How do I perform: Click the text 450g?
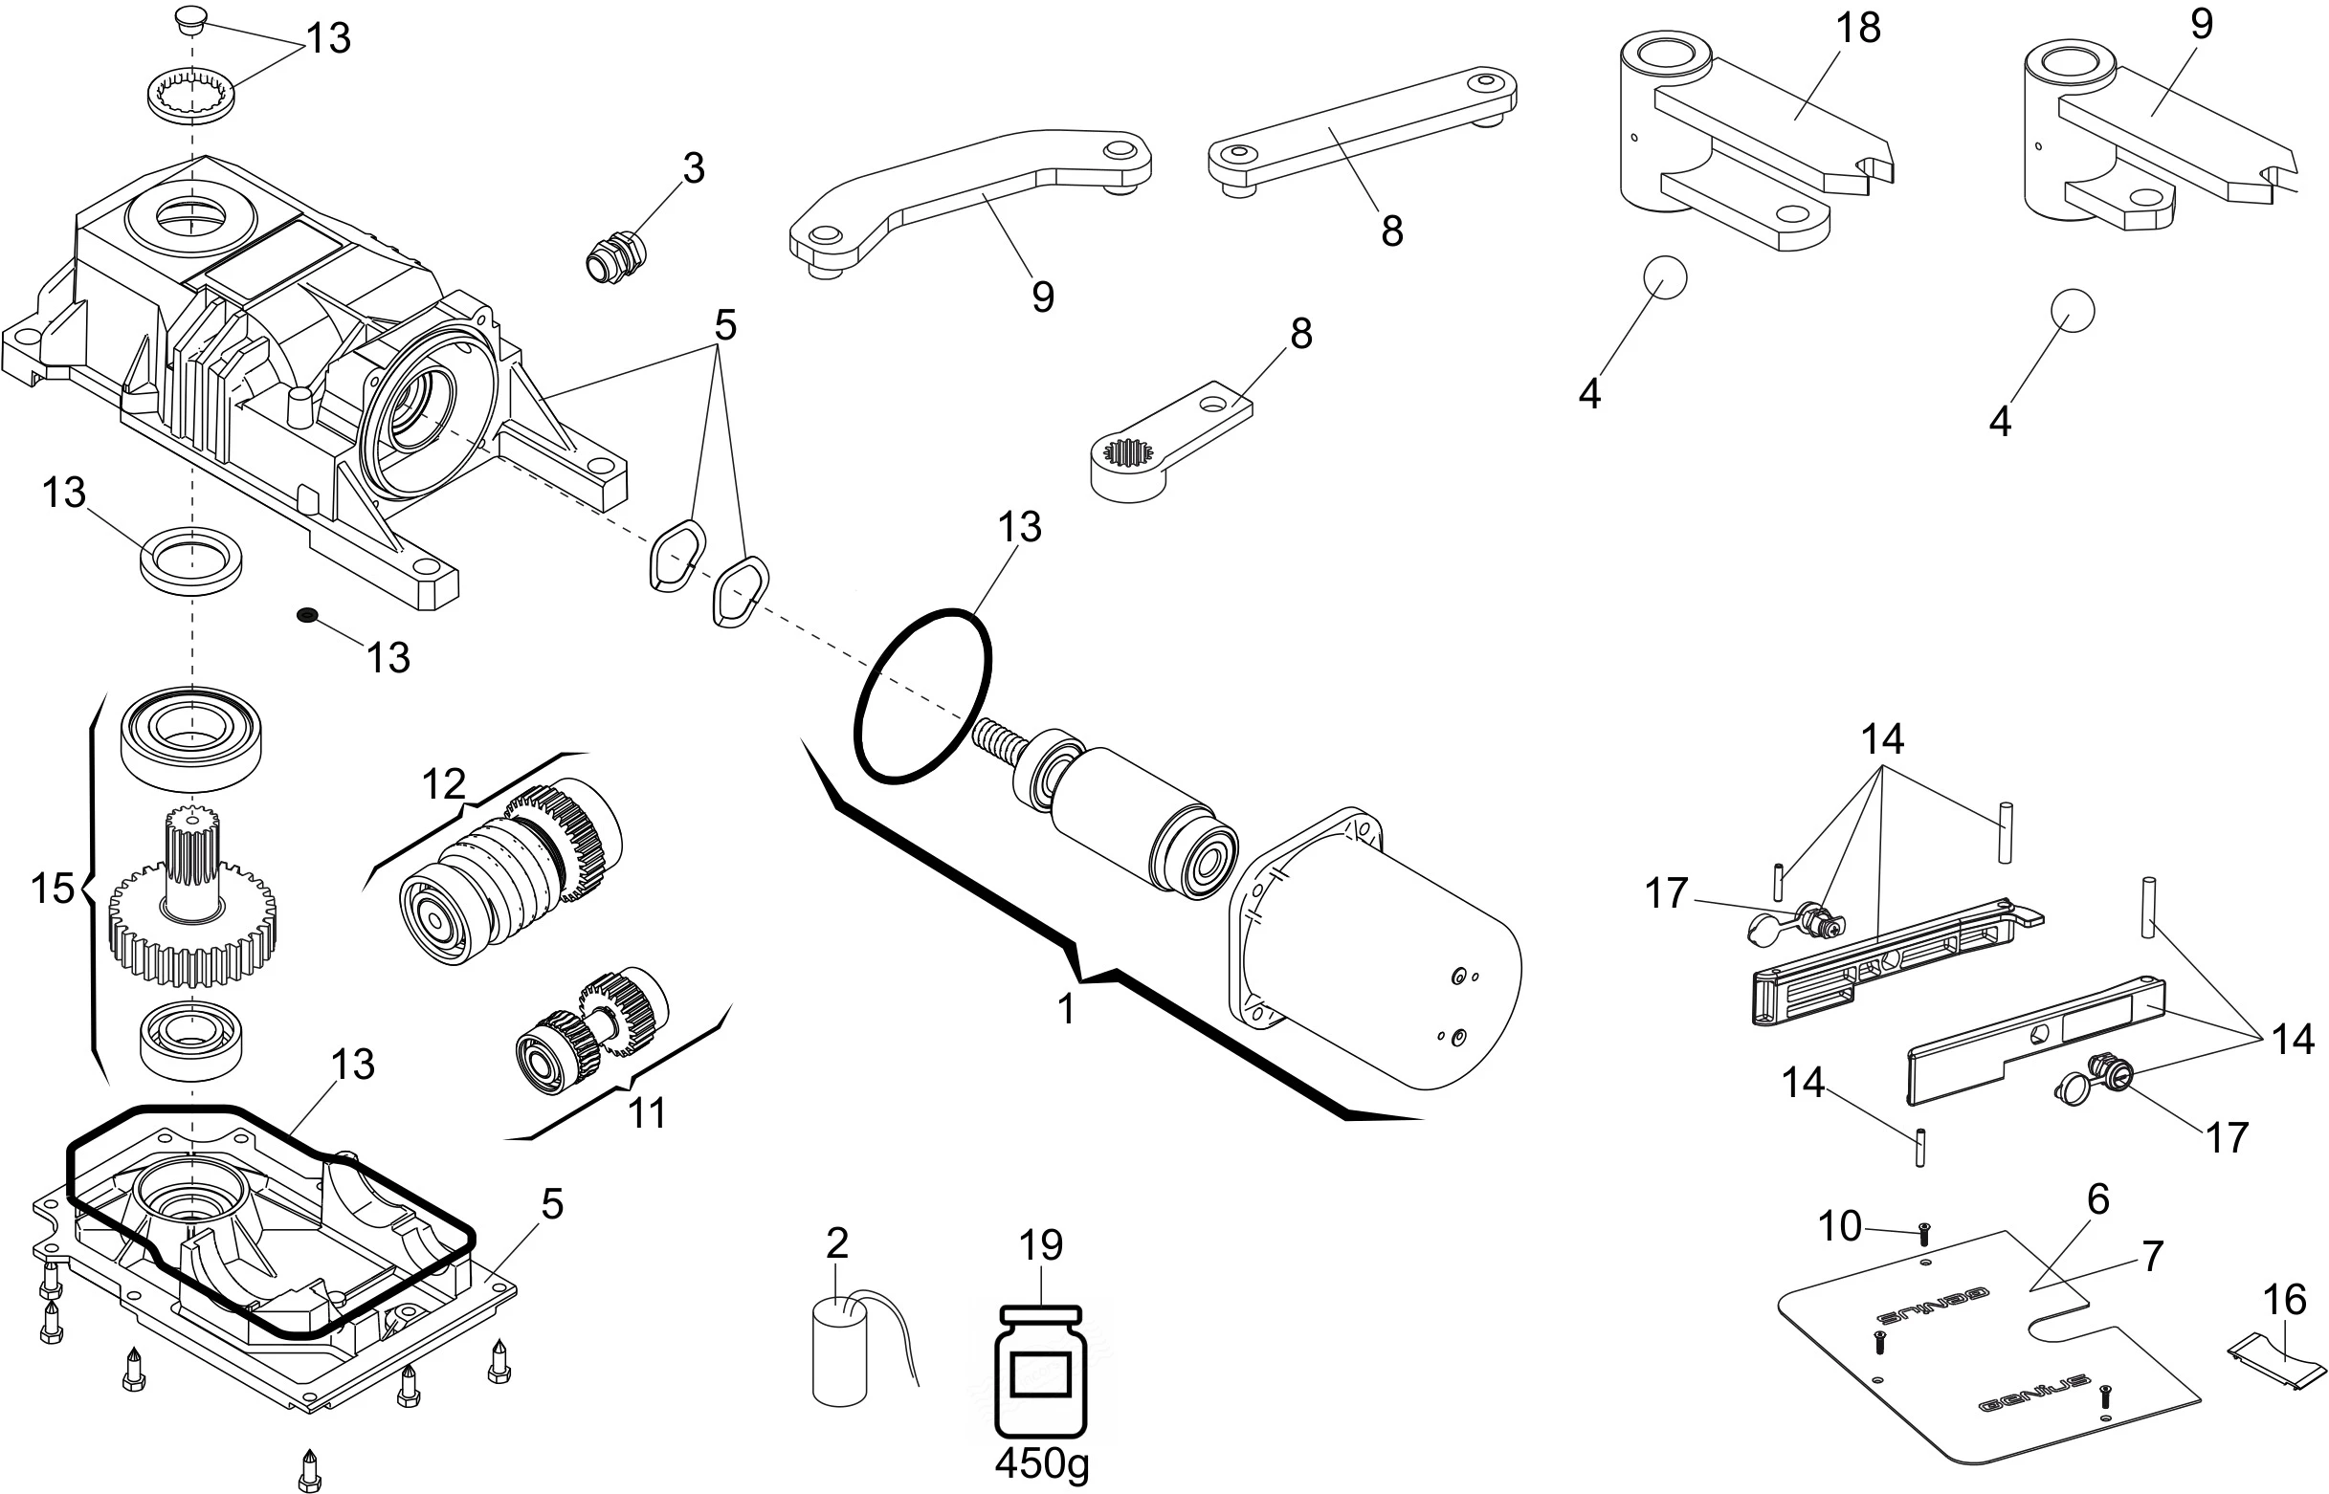(1041, 1463)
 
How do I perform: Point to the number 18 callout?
(1857, 27)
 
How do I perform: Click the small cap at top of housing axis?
(192, 18)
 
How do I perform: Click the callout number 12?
(443, 783)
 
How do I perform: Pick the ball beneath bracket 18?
(1664, 277)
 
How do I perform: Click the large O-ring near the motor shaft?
(921, 695)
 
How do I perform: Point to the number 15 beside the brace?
(52, 888)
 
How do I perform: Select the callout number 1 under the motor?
(1066, 1010)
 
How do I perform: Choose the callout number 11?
(647, 1112)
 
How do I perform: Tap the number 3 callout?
(693, 166)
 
